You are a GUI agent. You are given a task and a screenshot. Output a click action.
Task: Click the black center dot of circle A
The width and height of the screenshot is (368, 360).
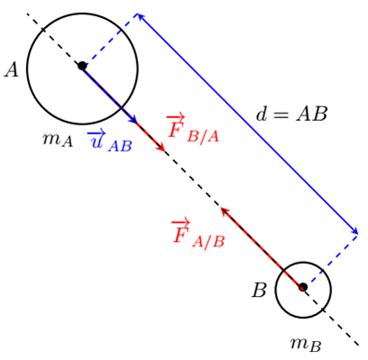tap(82, 66)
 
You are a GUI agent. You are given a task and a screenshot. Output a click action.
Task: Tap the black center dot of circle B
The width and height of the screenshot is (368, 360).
tap(303, 287)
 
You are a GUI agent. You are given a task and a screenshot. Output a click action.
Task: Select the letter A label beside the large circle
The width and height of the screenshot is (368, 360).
tap(12, 70)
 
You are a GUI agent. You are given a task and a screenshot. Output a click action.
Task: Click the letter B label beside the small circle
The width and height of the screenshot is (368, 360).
tap(259, 291)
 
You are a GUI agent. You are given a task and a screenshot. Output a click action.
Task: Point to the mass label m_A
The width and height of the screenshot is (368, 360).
tap(58, 140)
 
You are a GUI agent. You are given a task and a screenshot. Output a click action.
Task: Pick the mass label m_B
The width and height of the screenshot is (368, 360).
tap(306, 344)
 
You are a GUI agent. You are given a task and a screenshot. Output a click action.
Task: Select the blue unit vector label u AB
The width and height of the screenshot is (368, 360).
tap(109, 141)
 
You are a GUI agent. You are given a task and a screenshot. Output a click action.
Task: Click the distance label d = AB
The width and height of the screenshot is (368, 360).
tap(291, 115)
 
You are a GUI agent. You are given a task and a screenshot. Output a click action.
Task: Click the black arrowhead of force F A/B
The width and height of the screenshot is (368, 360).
tap(225, 211)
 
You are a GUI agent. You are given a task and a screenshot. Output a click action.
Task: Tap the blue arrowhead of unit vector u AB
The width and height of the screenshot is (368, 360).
tap(133, 119)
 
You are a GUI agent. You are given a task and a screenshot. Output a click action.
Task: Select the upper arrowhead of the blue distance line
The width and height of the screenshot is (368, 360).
tap(141, 17)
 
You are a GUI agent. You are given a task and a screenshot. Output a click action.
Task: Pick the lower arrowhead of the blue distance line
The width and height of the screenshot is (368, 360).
tap(354, 230)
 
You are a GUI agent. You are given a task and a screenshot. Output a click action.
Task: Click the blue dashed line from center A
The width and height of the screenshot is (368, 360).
tap(109, 40)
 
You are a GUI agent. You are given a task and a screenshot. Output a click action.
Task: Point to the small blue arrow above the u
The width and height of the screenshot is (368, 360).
tap(96, 134)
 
